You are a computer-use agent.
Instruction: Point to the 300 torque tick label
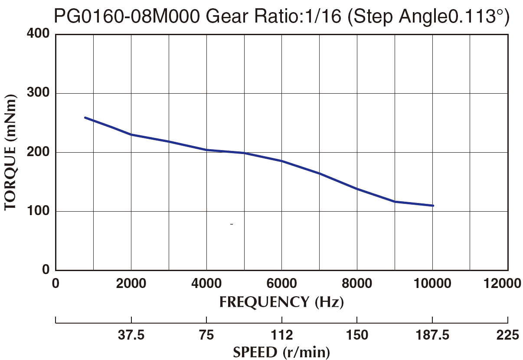tap(40, 93)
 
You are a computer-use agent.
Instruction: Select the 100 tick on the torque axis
tap(40, 211)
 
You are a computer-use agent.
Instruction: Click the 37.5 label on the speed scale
tap(131, 335)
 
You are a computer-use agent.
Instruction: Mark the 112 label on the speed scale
tap(282, 335)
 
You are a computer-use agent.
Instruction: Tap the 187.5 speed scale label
tap(432, 335)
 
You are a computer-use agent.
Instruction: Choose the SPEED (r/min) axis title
tap(281, 352)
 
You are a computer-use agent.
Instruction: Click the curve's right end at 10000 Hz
tap(433, 206)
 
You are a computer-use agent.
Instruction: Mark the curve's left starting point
tap(85, 118)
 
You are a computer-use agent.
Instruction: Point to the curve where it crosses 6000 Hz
tap(282, 161)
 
